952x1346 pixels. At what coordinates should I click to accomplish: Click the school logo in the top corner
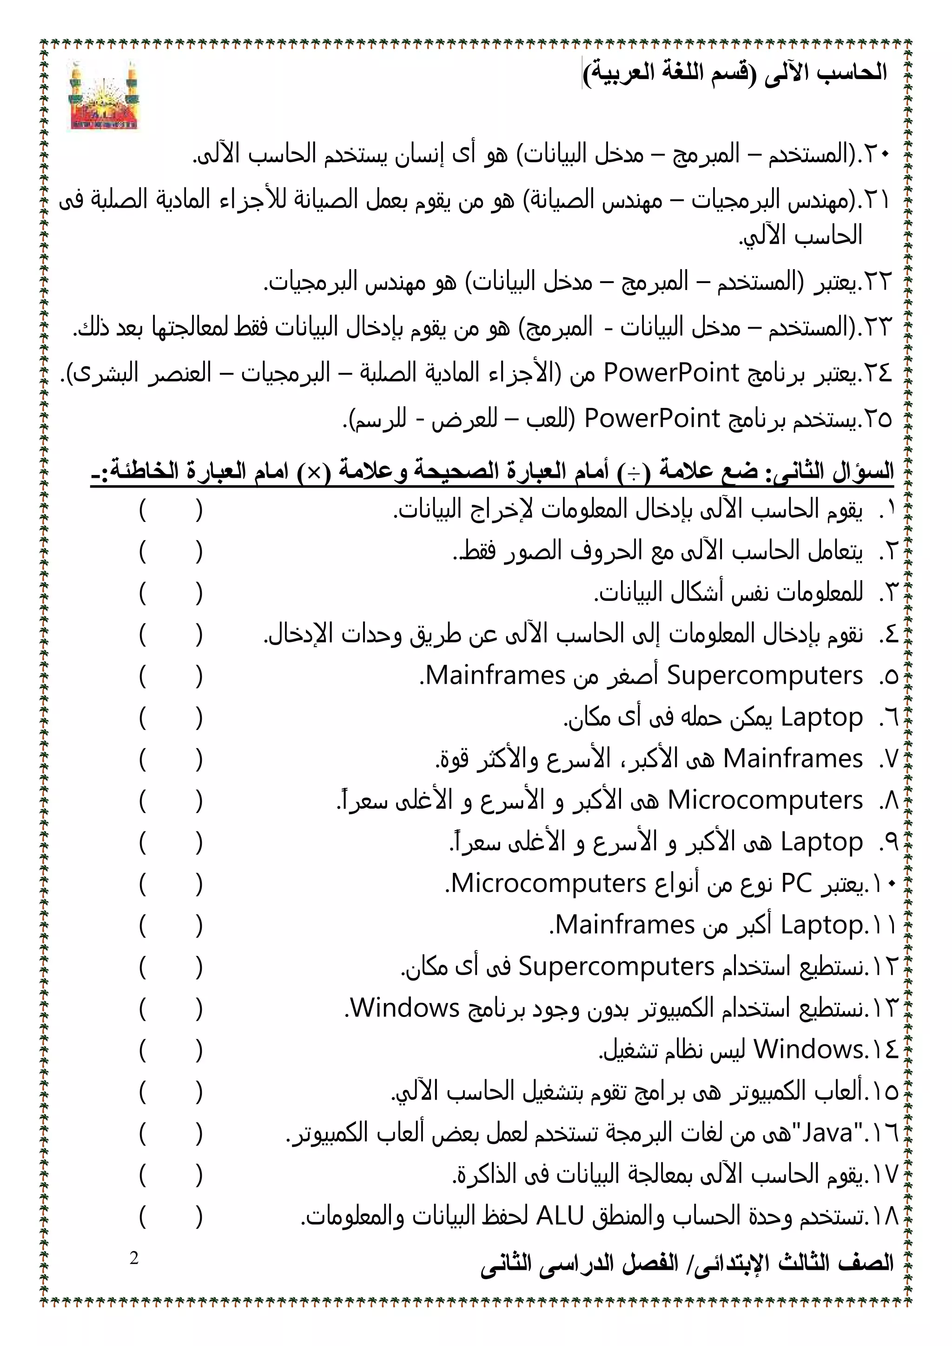(x=104, y=96)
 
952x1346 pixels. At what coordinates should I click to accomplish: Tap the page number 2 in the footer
(x=134, y=1258)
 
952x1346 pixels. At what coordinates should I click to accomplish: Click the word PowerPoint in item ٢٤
(x=671, y=373)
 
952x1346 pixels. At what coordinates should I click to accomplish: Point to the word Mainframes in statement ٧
(x=793, y=759)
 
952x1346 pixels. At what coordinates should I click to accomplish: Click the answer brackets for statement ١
(x=171, y=510)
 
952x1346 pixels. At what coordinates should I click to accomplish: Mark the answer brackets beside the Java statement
(x=171, y=1133)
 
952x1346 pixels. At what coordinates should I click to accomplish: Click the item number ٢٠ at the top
(x=877, y=155)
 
